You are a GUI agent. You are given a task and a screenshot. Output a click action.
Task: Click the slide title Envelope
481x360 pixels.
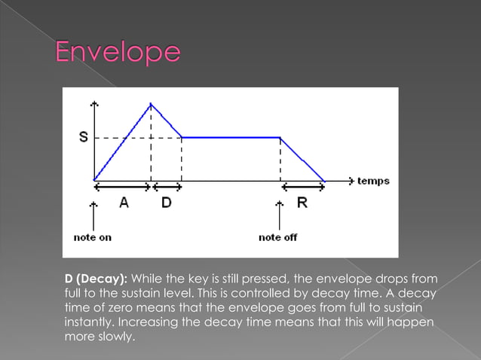[118, 53]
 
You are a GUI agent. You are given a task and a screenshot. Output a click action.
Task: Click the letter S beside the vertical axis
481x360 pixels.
[83, 137]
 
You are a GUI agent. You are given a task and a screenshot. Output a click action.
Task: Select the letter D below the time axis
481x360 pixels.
[166, 203]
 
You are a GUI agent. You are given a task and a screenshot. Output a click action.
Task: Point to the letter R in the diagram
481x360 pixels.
[302, 203]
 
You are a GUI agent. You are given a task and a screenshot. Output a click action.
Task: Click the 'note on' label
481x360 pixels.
[93, 237]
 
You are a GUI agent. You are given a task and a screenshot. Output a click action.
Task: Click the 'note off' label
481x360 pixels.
[277, 237]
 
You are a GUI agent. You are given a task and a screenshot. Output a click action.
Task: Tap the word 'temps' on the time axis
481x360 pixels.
[373, 181]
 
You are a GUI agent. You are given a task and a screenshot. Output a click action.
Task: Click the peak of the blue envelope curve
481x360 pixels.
[152, 104]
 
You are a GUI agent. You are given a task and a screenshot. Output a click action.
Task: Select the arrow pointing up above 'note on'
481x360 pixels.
[93, 215]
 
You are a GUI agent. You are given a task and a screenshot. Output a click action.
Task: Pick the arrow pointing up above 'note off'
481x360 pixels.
[280, 215]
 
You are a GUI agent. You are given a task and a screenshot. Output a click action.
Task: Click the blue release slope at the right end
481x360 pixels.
[303, 160]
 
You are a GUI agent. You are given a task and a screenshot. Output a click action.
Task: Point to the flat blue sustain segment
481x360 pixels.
[230, 137]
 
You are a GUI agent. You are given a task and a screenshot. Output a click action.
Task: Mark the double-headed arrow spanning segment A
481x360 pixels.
[122, 185]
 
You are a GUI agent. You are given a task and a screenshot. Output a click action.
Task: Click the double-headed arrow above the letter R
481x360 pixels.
[302, 185]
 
